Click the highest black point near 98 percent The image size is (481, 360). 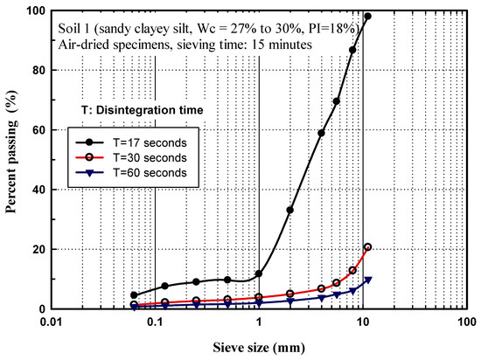(x=367, y=17)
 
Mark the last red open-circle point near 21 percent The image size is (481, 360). (x=367, y=247)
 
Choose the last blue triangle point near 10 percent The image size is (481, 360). (x=367, y=280)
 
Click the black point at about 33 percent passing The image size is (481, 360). (x=290, y=210)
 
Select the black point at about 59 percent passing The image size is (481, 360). (x=321, y=133)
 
